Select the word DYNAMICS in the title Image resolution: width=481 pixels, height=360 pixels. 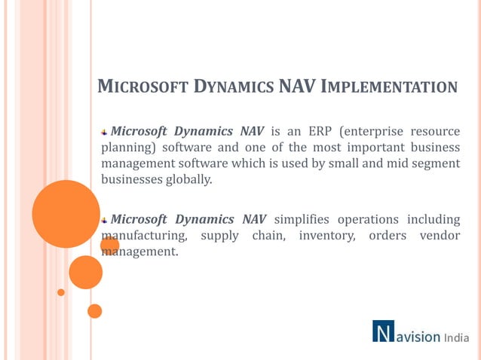coord(231,87)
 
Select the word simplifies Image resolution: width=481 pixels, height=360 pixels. coord(302,219)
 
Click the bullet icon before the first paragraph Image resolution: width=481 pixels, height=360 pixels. coord(105,131)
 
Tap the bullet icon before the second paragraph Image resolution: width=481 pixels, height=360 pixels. coord(105,220)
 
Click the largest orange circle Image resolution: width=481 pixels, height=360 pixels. coord(66,214)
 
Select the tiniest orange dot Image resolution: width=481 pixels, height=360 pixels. coord(61,292)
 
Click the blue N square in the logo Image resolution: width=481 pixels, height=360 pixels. coord(383,332)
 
